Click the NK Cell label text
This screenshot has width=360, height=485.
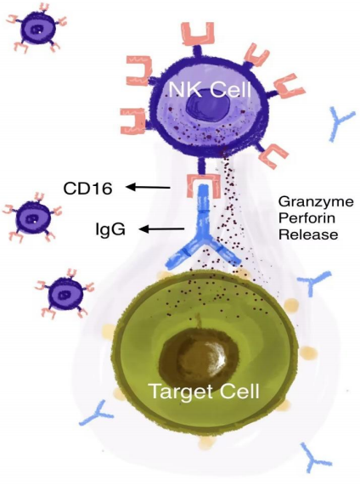click(210, 89)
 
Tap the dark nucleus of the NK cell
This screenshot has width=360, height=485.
click(208, 108)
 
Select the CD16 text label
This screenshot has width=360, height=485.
click(87, 188)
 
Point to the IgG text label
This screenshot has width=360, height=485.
click(110, 229)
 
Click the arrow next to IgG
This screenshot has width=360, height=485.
click(162, 229)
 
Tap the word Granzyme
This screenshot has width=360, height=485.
click(316, 202)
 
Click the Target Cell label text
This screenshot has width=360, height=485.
click(205, 391)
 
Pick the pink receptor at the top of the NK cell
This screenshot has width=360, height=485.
click(198, 34)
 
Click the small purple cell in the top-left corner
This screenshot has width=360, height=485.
click(37, 30)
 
